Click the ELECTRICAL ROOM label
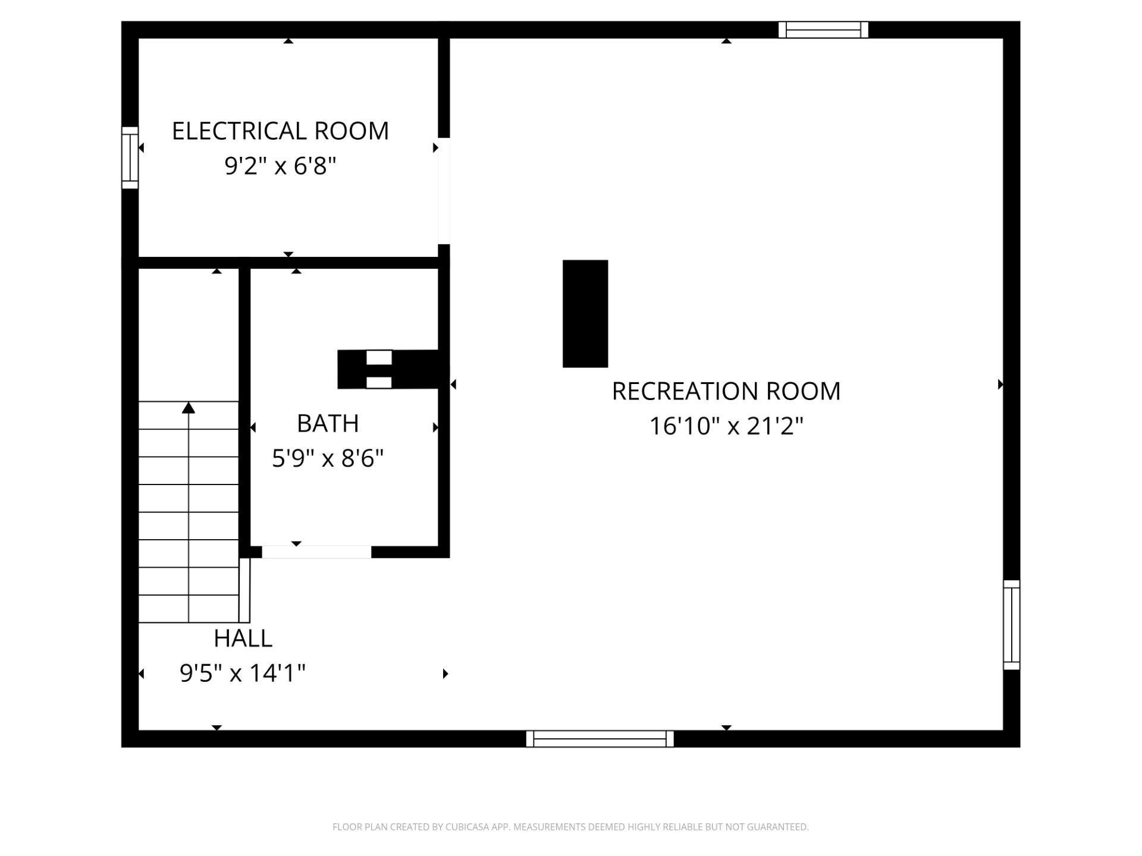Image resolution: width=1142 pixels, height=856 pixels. click(x=280, y=131)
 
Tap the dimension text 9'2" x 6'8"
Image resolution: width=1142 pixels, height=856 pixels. click(x=280, y=166)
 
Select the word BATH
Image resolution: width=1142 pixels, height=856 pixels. click(x=328, y=424)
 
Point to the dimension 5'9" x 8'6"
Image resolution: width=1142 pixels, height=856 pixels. click(x=328, y=458)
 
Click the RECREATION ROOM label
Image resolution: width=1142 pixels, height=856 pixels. click(x=726, y=391)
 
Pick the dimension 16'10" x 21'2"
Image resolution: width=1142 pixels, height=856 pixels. click(x=726, y=426)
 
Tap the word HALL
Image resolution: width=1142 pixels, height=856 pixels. click(x=243, y=638)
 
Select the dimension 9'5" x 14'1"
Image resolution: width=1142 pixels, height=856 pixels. click(x=243, y=674)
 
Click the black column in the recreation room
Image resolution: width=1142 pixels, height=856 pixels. click(x=585, y=313)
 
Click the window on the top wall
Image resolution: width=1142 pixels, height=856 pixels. click(x=823, y=30)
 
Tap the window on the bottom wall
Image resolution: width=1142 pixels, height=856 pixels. click(x=600, y=739)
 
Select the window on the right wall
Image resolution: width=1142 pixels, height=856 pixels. click(x=1011, y=625)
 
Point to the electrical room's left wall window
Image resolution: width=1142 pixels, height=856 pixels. click(x=130, y=158)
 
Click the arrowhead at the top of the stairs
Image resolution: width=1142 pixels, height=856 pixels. click(x=189, y=407)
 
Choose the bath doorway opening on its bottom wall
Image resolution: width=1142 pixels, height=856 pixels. click(x=316, y=552)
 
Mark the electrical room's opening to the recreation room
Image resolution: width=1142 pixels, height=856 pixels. click(x=444, y=191)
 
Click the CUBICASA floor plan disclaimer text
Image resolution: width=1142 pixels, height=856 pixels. click(x=570, y=827)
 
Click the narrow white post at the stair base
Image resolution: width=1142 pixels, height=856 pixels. click(x=244, y=590)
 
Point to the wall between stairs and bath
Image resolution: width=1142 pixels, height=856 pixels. click(x=244, y=410)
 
